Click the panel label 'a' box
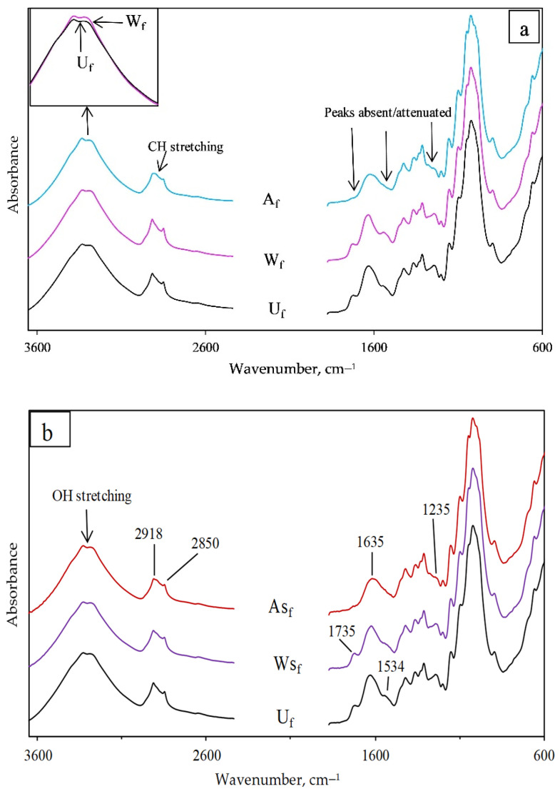(x=525, y=31)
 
